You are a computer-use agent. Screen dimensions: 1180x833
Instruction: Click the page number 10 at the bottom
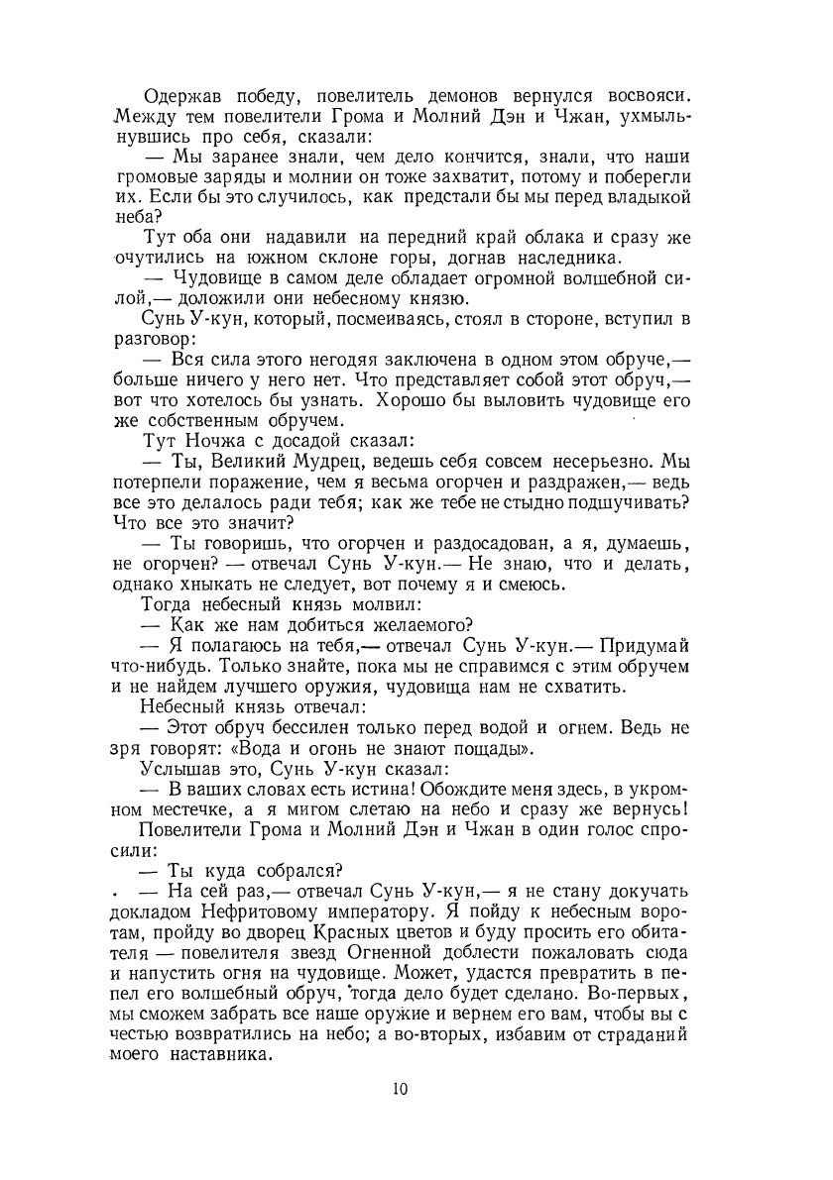pos(400,1089)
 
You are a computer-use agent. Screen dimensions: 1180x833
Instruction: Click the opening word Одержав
pos(184,96)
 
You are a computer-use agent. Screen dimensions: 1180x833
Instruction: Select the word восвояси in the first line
pos(647,96)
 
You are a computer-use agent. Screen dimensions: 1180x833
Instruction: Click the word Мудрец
pos(329,463)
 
